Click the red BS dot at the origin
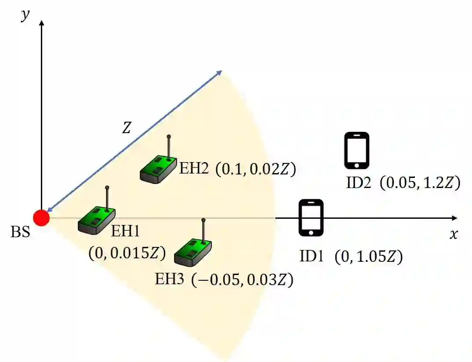point(41,217)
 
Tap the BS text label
point(20,232)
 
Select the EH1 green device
point(97,218)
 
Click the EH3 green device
point(193,251)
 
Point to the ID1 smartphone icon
point(311,218)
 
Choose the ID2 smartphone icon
point(356,150)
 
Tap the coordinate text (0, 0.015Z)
point(127,253)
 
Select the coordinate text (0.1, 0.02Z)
point(255,169)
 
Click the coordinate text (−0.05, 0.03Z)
point(242,279)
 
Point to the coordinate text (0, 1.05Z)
point(368,257)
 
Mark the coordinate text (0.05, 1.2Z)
point(420,183)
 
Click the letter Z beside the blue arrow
point(127,128)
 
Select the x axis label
point(454,235)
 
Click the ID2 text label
point(359,183)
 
